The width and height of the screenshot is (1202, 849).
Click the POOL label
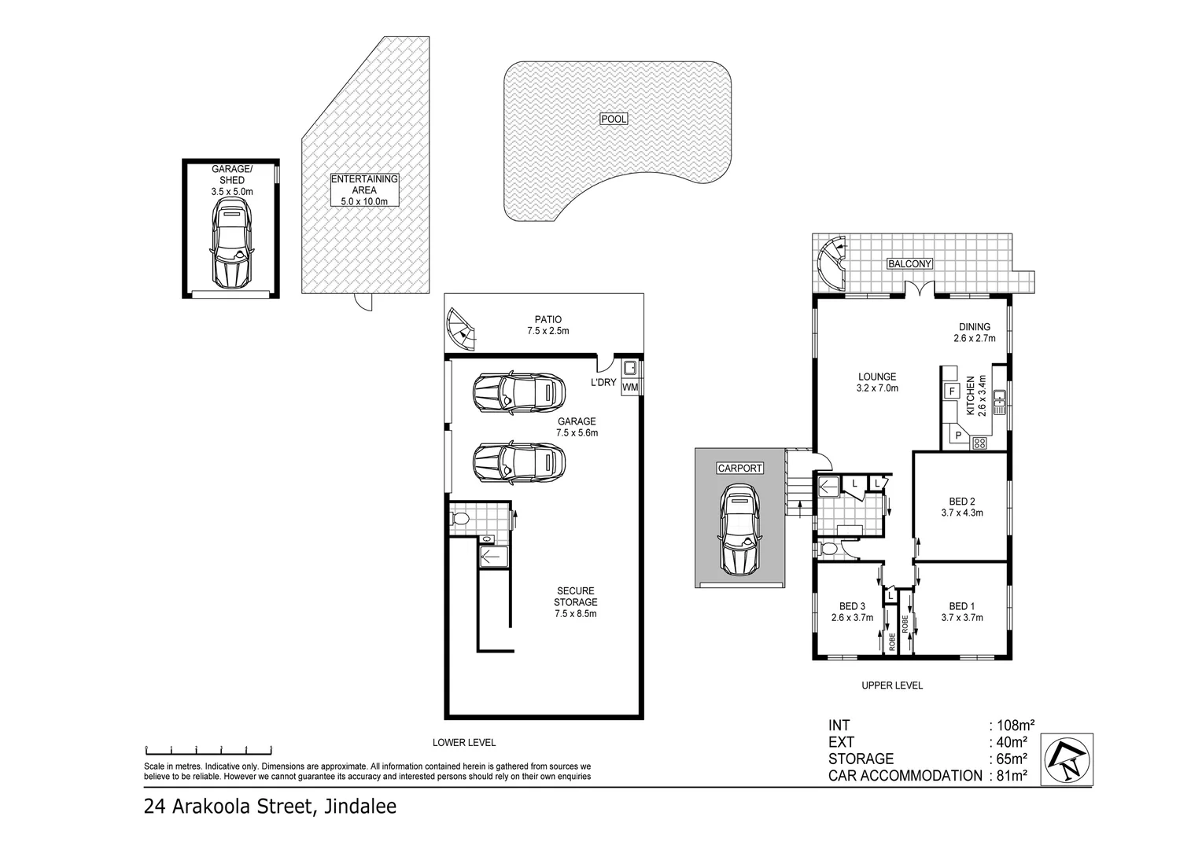614,119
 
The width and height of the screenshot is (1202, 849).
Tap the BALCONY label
909,264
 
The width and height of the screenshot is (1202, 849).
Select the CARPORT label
739,469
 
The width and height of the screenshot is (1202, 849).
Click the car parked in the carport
739,530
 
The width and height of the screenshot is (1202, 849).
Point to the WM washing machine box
630,388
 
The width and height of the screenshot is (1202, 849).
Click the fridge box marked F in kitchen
952,391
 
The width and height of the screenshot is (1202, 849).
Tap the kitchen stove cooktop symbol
979,443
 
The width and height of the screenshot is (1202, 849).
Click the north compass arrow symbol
1067,759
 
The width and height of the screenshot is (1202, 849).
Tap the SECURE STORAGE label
576,602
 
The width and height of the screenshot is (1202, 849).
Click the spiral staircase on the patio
462,329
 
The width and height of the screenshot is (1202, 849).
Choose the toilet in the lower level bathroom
461,519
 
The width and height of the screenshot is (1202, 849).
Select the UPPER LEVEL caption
891,685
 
